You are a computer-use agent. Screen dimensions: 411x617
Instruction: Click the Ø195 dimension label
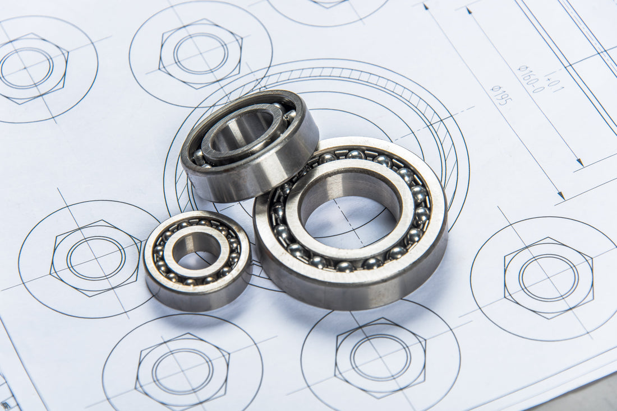501,95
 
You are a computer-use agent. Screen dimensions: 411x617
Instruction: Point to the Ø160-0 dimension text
531,79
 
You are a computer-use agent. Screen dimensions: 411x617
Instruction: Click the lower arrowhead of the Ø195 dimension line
560,195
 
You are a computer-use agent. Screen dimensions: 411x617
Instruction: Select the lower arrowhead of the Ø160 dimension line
580,162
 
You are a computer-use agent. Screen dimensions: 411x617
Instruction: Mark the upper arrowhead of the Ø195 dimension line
426,7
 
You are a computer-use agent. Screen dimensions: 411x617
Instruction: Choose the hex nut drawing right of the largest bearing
549,278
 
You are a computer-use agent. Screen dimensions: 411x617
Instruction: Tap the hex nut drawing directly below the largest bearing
381,357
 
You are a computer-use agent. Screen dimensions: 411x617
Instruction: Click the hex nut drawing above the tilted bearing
200,54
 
